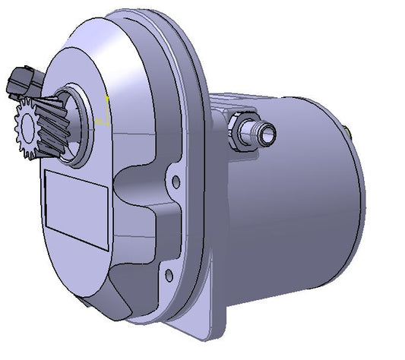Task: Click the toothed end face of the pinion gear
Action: click(25, 131)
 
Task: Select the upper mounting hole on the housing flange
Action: click(176, 182)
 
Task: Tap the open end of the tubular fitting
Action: click(267, 133)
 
